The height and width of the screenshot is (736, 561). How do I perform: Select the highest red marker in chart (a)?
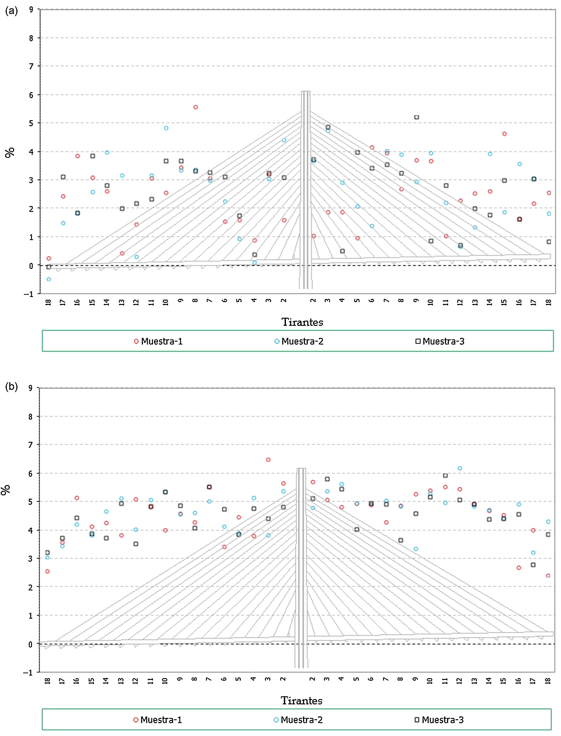pos(196,107)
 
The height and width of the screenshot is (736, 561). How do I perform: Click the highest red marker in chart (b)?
pos(268,460)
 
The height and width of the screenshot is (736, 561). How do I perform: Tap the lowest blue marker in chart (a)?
pos(49,279)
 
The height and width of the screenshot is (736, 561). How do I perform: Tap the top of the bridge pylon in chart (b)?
pos(301,469)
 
